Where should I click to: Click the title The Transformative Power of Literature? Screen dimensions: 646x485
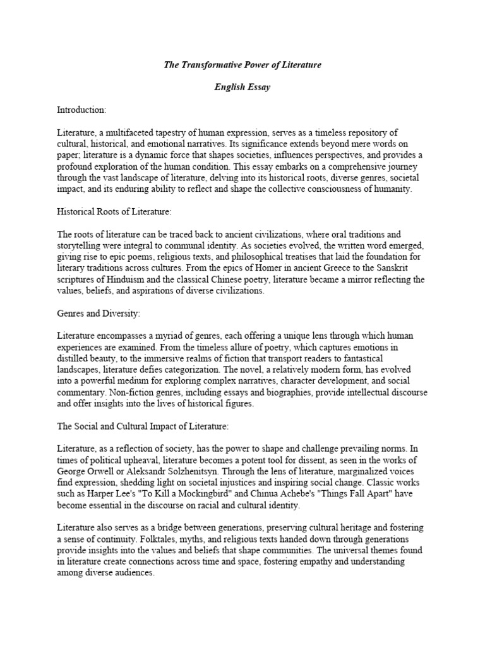(x=242, y=64)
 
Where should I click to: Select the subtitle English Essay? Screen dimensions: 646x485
(x=242, y=87)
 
